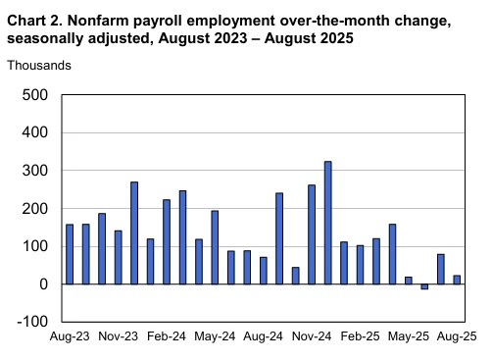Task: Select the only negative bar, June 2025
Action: point(424,286)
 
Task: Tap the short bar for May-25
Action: point(408,281)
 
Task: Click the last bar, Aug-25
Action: point(457,280)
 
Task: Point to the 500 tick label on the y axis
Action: point(35,95)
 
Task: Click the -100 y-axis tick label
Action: point(33,322)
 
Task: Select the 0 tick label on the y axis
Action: point(43,284)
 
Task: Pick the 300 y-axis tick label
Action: point(35,171)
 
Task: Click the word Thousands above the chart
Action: point(39,65)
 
